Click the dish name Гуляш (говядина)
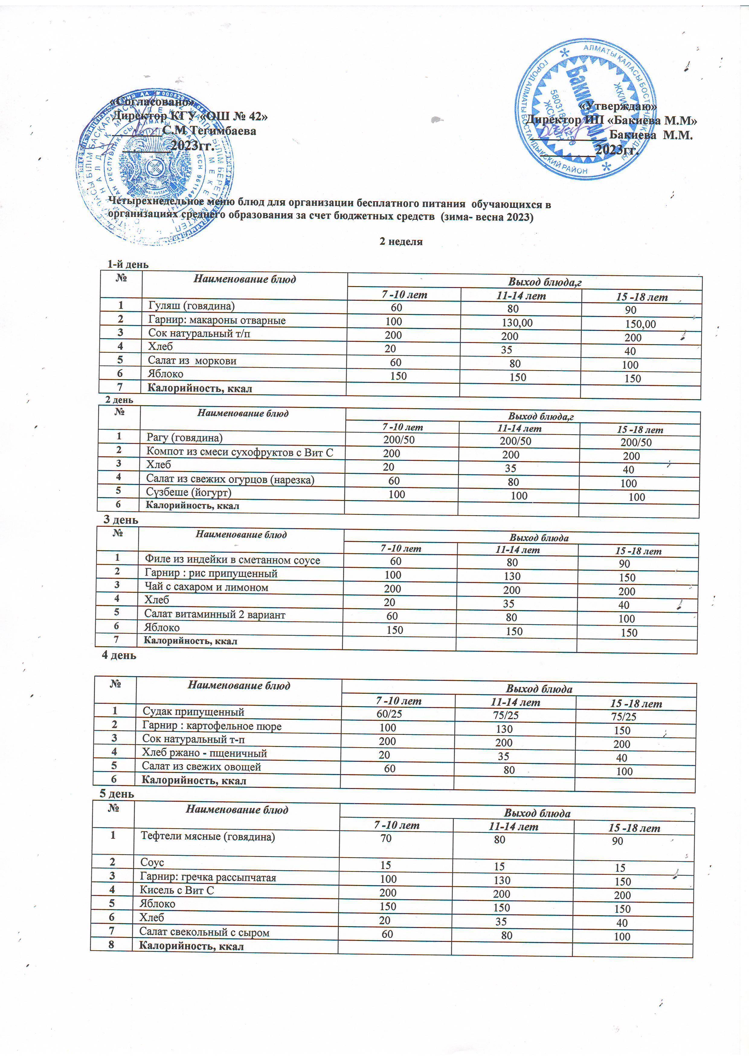(x=191, y=305)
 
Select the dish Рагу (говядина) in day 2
(x=184, y=437)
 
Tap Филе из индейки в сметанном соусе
(x=232, y=560)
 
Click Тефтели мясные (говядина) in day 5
(x=208, y=837)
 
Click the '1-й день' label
(x=128, y=264)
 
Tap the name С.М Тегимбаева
(x=209, y=131)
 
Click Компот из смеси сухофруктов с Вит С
(x=239, y=452)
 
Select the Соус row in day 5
(x=152, y=862)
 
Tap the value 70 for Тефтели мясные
(x=386, y=838)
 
